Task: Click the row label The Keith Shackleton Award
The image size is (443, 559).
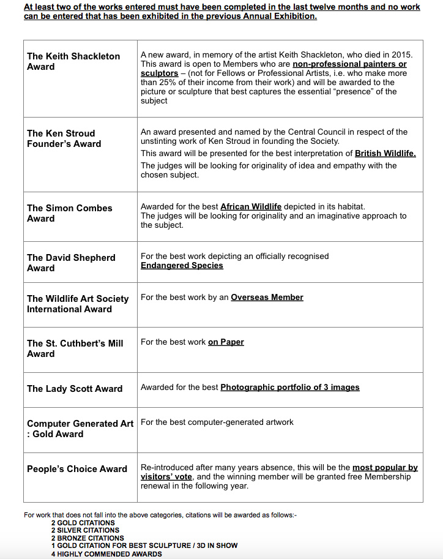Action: (73, 61)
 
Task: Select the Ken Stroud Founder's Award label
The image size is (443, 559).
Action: (64, 138)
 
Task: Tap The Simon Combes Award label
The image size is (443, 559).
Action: (70, 213)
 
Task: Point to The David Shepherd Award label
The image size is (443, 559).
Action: (71, 263)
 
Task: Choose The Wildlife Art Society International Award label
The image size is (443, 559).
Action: (78, 304)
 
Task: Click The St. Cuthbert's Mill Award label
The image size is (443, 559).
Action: (75, 348)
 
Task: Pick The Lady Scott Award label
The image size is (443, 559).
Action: (75, 389)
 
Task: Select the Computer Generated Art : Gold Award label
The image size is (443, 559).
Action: (80, 429)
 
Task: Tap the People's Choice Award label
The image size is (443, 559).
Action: (77, 469)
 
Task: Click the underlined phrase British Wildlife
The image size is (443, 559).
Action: (385, 154)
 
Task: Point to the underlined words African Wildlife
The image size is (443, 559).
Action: (251, 207)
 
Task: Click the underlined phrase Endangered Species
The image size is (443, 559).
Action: (182, 266)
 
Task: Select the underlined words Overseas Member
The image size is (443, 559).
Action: (267, 298)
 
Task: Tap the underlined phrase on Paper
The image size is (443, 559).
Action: (226, 342)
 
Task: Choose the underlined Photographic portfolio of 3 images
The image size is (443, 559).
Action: (290, 388)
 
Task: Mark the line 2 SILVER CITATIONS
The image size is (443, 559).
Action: (85, 530)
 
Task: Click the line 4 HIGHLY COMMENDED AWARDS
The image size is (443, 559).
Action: (106, 554)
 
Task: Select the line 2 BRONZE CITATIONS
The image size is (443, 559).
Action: (87, 538)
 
